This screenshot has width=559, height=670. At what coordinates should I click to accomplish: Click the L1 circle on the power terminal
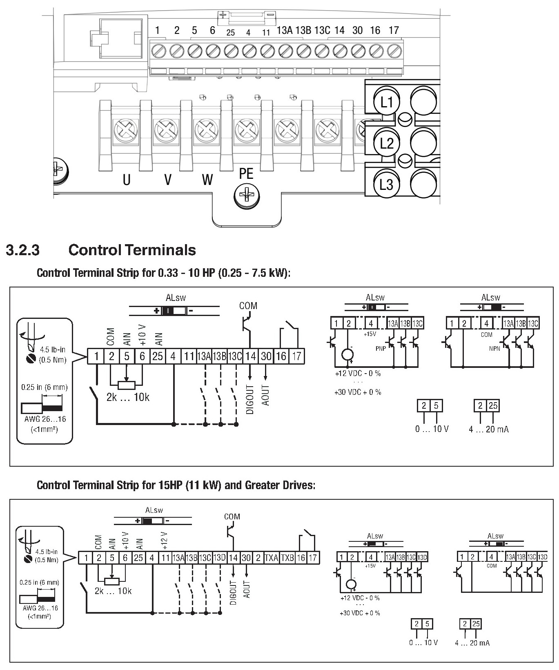tap(386, 102)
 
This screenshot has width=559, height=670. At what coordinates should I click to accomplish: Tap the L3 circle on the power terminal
tap(386, 184)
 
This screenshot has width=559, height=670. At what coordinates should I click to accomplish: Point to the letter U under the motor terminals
tap(127, 179)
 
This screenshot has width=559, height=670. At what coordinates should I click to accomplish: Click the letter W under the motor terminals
tap(207, 179)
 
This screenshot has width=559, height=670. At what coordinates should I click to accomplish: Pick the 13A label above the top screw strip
tap(285, 30)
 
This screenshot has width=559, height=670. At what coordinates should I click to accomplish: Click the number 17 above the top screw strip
tap(394, 30)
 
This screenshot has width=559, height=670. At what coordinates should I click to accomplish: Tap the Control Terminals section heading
tap(132, 250)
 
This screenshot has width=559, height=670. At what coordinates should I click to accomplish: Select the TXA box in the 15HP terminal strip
tap(272, 558)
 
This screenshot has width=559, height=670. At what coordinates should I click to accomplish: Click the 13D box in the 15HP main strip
tap(219, 558)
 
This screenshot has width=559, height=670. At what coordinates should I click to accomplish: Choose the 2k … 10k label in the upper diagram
tap(128, 397)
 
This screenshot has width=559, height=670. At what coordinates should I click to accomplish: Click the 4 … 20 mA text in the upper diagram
tap(489, 429)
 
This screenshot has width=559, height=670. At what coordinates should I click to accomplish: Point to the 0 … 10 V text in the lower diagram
tap(423, 643)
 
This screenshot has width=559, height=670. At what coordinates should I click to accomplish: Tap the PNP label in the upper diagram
tap(381, 349)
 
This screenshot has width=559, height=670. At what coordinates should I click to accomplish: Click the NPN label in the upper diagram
tap(494, 349)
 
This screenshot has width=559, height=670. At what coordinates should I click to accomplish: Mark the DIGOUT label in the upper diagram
tap(250, 399)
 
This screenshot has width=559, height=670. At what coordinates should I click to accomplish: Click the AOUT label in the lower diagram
tap(247, 589)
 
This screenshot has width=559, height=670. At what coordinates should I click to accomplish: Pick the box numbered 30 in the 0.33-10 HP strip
tap(266, 356)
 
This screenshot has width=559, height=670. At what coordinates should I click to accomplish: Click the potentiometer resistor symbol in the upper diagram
tap(126, 385)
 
